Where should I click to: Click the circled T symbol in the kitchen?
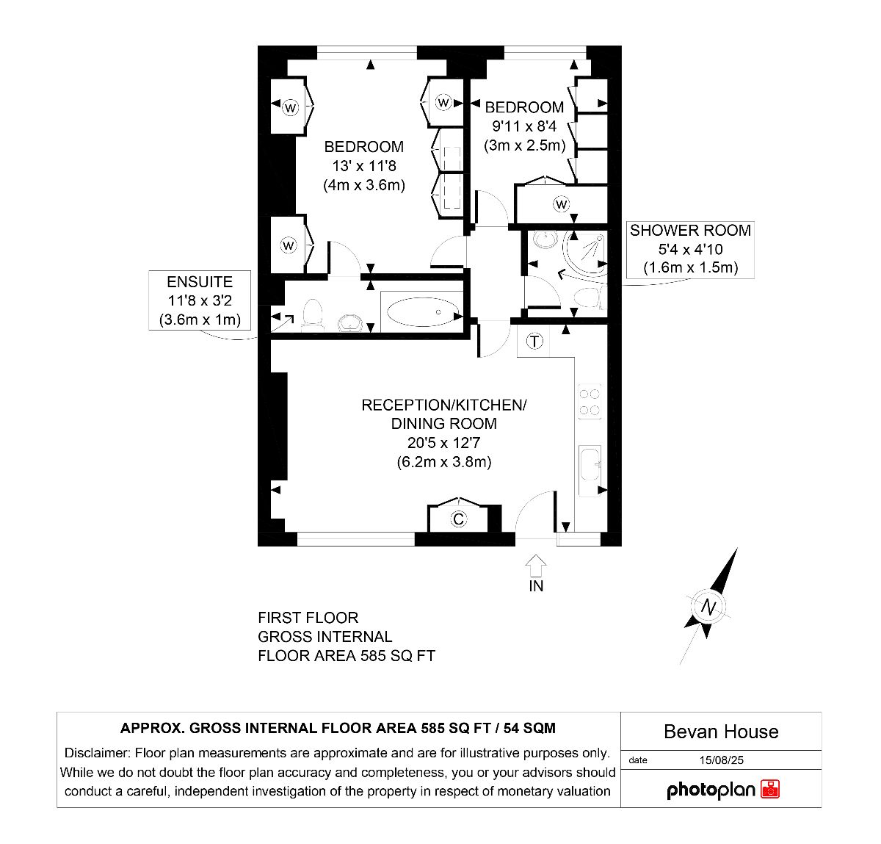point(534,341)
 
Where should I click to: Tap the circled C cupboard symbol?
point(458,519)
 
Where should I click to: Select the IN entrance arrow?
point(535,566)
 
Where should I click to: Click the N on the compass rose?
point(708,607)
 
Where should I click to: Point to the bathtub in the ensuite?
point(424,311)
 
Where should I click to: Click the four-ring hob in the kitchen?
point(590,402)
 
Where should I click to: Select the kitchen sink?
point(590,464)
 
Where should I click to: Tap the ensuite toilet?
point(312,313)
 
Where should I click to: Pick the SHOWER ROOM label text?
point(690,230)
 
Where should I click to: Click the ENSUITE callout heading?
point(200,282)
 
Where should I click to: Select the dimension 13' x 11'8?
point(364,166)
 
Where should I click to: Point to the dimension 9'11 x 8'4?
point(524,126)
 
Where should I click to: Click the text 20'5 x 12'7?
point(443,442)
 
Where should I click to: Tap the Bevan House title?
point(721,732)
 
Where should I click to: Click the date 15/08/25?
point(721,760)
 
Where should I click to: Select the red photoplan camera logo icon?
point(769,789)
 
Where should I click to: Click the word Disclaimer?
point(98,753)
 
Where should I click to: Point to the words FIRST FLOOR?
point(308,618)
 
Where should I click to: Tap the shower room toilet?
point(590,297)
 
